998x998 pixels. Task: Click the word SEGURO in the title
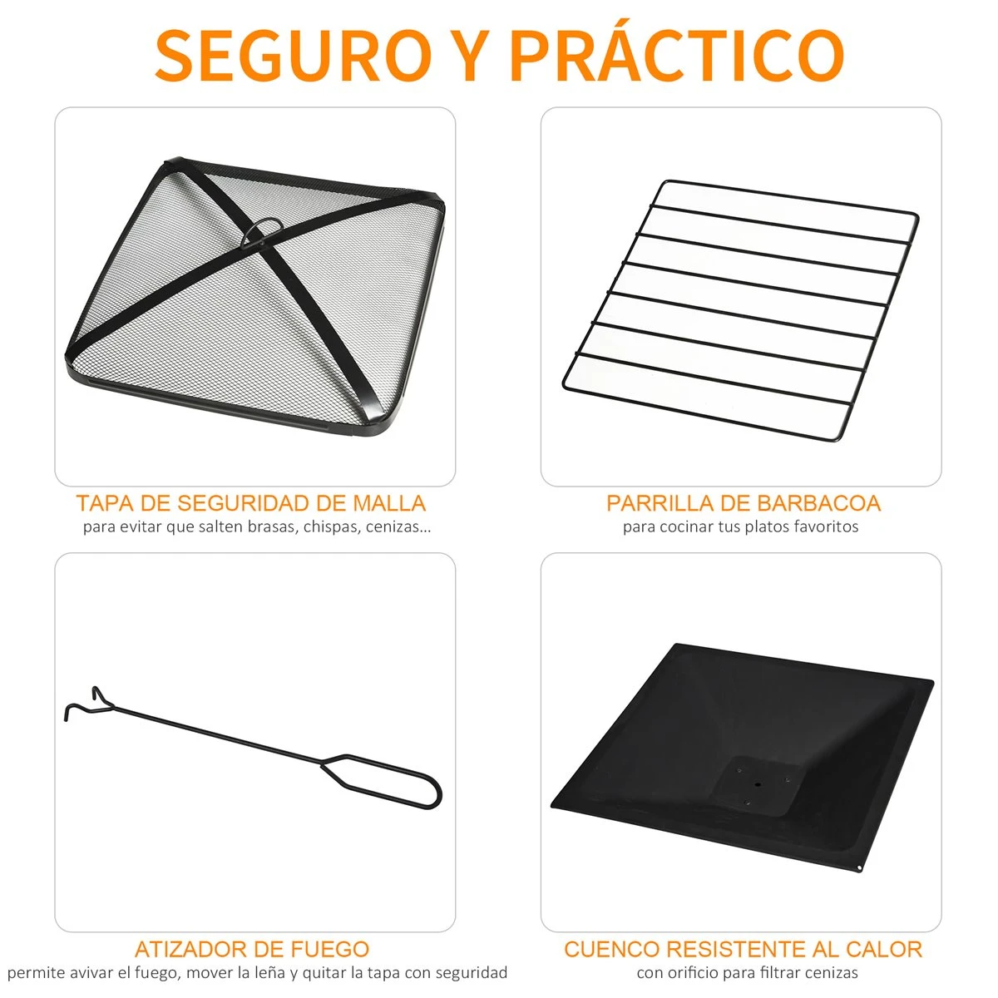(x=293, y=56)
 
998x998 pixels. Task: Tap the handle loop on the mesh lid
(x=264, y=228)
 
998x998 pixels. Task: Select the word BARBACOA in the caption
(x=818, y=503)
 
